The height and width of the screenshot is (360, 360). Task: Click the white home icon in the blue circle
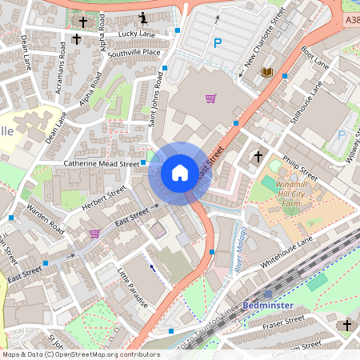click(x=180, y=173)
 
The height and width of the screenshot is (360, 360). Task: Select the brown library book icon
click(x=268, y=73)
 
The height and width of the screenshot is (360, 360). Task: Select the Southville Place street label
click(x=135, y=53)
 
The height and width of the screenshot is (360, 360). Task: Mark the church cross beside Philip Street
click(x=258, y=156)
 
